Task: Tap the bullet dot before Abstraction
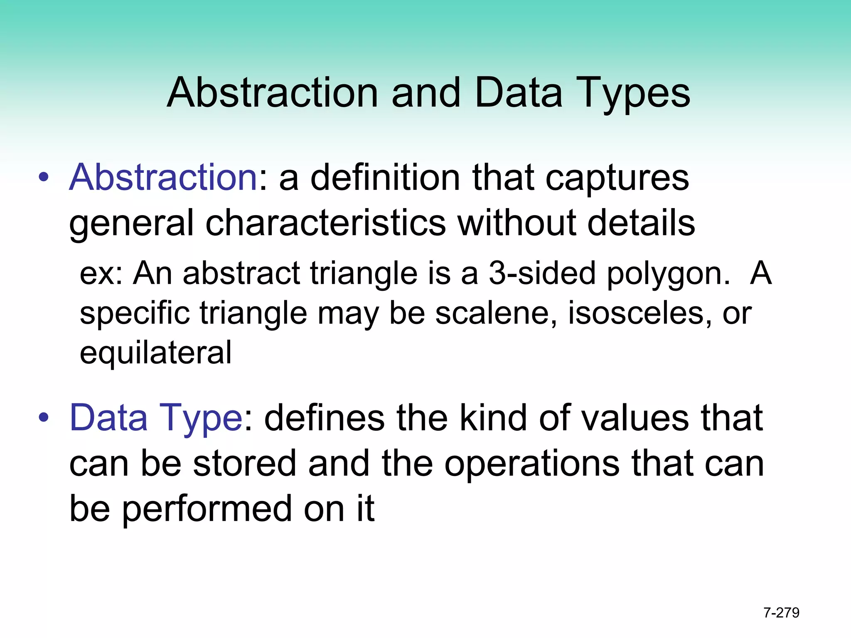(43, 178)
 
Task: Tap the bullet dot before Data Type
(43, 418)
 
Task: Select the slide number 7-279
(781, 613)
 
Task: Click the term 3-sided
(542, 274)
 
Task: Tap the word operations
(531, 464)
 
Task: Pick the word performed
(207, 509)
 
